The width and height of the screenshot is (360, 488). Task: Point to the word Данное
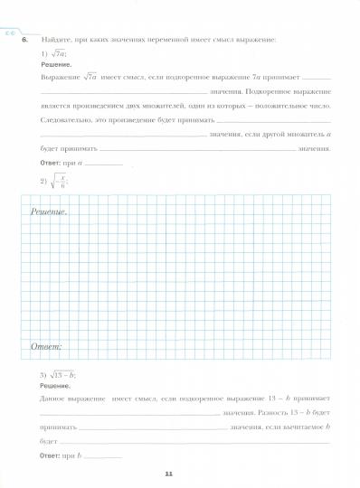click(x=56, y=399)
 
